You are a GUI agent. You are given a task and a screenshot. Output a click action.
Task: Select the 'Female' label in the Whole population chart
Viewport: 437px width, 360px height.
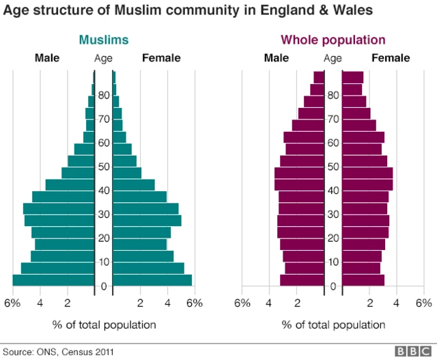pyautogui.click(x=390, y=58)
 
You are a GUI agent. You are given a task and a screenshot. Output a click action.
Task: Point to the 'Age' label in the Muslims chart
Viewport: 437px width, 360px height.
pyautogui.click(x=103, y=58)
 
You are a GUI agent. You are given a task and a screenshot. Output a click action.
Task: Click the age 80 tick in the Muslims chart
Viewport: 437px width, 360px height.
pyautogui.click(x=103, y=96)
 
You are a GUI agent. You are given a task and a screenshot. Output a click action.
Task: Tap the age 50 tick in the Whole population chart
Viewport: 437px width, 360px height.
pyautogui.click(x=333, y=167)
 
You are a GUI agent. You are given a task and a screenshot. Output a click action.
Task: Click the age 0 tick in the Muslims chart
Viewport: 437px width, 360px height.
pyautogui.click(x=103, y=286)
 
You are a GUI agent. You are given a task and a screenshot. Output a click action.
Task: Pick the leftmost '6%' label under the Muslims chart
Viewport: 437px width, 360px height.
pyautogui.click(x=12, y=303)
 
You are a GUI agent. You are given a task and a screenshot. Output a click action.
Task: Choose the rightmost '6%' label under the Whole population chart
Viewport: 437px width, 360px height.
pyautogui.click(x=424, y=303)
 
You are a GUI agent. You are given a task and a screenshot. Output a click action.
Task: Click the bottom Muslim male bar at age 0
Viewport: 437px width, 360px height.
pyautogui.click(x=53, y=280)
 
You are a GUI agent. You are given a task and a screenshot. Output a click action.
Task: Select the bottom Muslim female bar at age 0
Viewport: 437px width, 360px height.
pyautogui.click(x=152, y=280)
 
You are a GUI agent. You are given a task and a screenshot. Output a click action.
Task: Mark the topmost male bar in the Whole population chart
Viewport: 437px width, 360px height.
pyautogui.click(x=319, y=77)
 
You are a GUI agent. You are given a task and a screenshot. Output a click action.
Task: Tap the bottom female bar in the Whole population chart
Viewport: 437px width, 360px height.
pyautogui.click(x=363, y=280)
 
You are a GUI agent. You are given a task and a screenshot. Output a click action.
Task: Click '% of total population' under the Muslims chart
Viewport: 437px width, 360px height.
pyautogui.click(x=104, y=324)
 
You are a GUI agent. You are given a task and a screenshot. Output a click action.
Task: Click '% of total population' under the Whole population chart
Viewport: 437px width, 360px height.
pyautogui.click(x=333, y=324)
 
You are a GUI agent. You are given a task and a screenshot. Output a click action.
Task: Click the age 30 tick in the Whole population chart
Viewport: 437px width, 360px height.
pyautogui.click(x=333, y=214)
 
